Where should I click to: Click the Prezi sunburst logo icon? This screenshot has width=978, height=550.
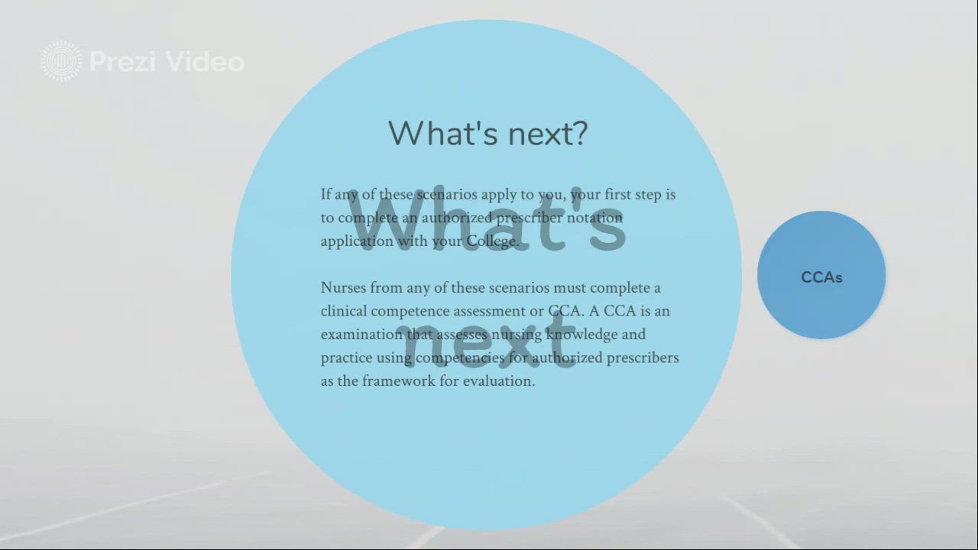[61, 61]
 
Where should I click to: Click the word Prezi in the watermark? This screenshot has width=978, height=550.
[123, 62]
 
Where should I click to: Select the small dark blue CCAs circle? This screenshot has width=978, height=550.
[821, 275]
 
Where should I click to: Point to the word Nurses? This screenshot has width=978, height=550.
[343, 288]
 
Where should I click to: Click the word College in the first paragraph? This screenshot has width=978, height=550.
[491, 241]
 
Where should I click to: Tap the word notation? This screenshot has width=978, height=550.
[594, 218]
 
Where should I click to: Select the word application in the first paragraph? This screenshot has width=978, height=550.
[357, 241]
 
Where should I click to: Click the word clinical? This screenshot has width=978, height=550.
[344, 311]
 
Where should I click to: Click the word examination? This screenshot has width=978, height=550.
[361, 335]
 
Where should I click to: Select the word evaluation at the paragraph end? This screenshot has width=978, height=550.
[499, 380]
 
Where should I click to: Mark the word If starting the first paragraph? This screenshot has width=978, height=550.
[325, 194]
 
